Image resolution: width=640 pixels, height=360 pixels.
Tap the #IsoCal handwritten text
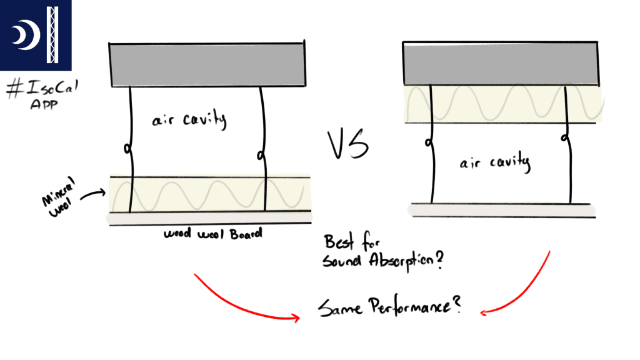(x=36, y=89)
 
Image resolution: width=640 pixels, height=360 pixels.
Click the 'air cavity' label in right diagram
(x=495, y=164)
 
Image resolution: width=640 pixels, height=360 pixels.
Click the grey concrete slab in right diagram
(x=501, y=63)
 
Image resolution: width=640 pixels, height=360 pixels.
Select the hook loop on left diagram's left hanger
(x=128, y=149)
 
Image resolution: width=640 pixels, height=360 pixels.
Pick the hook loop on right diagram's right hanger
(x=566, y=137)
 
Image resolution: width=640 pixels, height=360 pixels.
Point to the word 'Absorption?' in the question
(x=406, y=262)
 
